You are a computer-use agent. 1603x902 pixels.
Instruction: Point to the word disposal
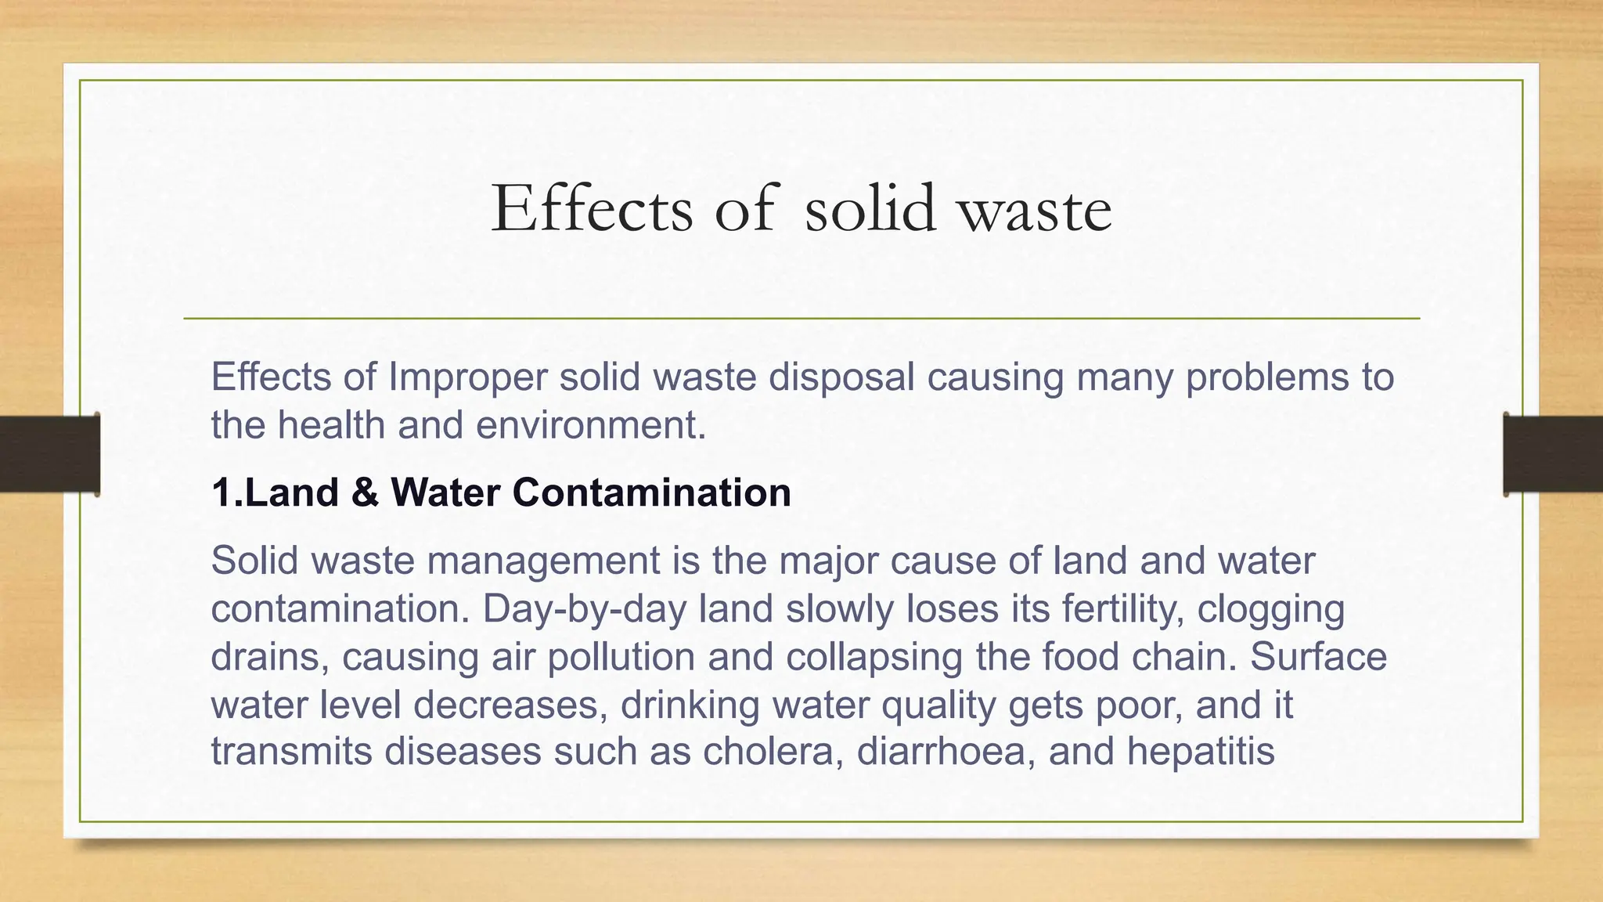(x=841, y=377)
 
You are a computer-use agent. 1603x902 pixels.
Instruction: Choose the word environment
(x=591, y=425)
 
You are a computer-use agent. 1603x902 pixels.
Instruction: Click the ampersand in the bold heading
(x=365, y=492)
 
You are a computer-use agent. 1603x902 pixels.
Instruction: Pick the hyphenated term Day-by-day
(x=585, y=608)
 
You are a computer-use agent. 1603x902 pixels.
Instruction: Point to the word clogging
(x=1271, y=608)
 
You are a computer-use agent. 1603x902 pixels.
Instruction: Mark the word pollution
(x=621, y=656)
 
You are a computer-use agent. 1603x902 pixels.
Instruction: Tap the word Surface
(x=1318, y=656)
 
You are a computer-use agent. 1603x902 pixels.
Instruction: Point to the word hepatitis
(x=1201, y=751)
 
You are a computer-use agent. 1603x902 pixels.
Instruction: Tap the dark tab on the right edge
(x=1553, y=454)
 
